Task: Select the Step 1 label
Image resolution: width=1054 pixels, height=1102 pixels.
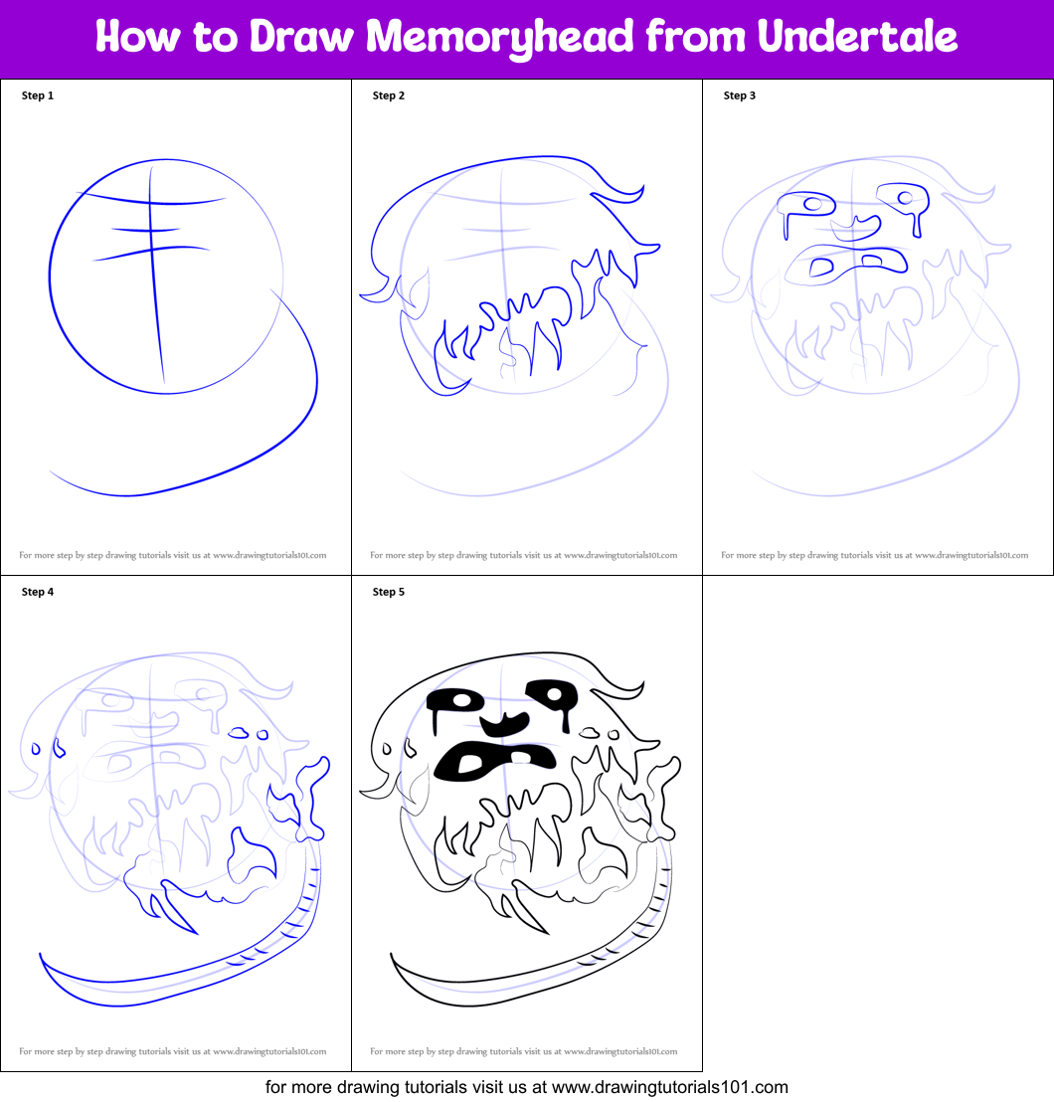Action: (37, 95)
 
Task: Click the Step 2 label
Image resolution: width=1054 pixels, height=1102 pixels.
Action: (389, 95)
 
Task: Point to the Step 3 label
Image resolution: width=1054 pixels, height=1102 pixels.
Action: (739, 95)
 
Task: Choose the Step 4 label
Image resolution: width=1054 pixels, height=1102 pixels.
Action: (37, 592)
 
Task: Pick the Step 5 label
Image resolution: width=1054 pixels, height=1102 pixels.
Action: (389, 592)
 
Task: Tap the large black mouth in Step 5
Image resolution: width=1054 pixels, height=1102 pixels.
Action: (494, 761)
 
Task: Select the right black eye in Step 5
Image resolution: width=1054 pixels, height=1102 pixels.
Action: (554, 697)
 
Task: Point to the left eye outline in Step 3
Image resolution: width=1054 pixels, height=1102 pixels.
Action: (806, 208)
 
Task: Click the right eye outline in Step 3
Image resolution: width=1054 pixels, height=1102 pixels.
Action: (904, 202)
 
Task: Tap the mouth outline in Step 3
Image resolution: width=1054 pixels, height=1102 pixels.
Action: (846, 265)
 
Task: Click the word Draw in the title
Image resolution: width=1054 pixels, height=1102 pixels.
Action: (301, 36)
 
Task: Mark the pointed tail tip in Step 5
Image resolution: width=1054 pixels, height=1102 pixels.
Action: (392, 955)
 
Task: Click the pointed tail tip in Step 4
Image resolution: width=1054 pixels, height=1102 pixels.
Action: (40, 955)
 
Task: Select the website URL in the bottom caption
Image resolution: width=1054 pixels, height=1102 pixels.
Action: (669, 1087)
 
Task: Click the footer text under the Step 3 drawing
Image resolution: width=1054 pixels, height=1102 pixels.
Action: (874, 555)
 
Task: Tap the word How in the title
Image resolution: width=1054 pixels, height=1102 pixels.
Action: (138, 36)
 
